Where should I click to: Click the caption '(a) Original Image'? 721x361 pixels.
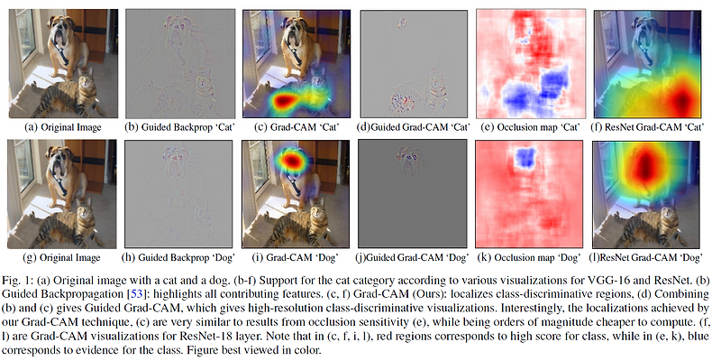tap(61, 127)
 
